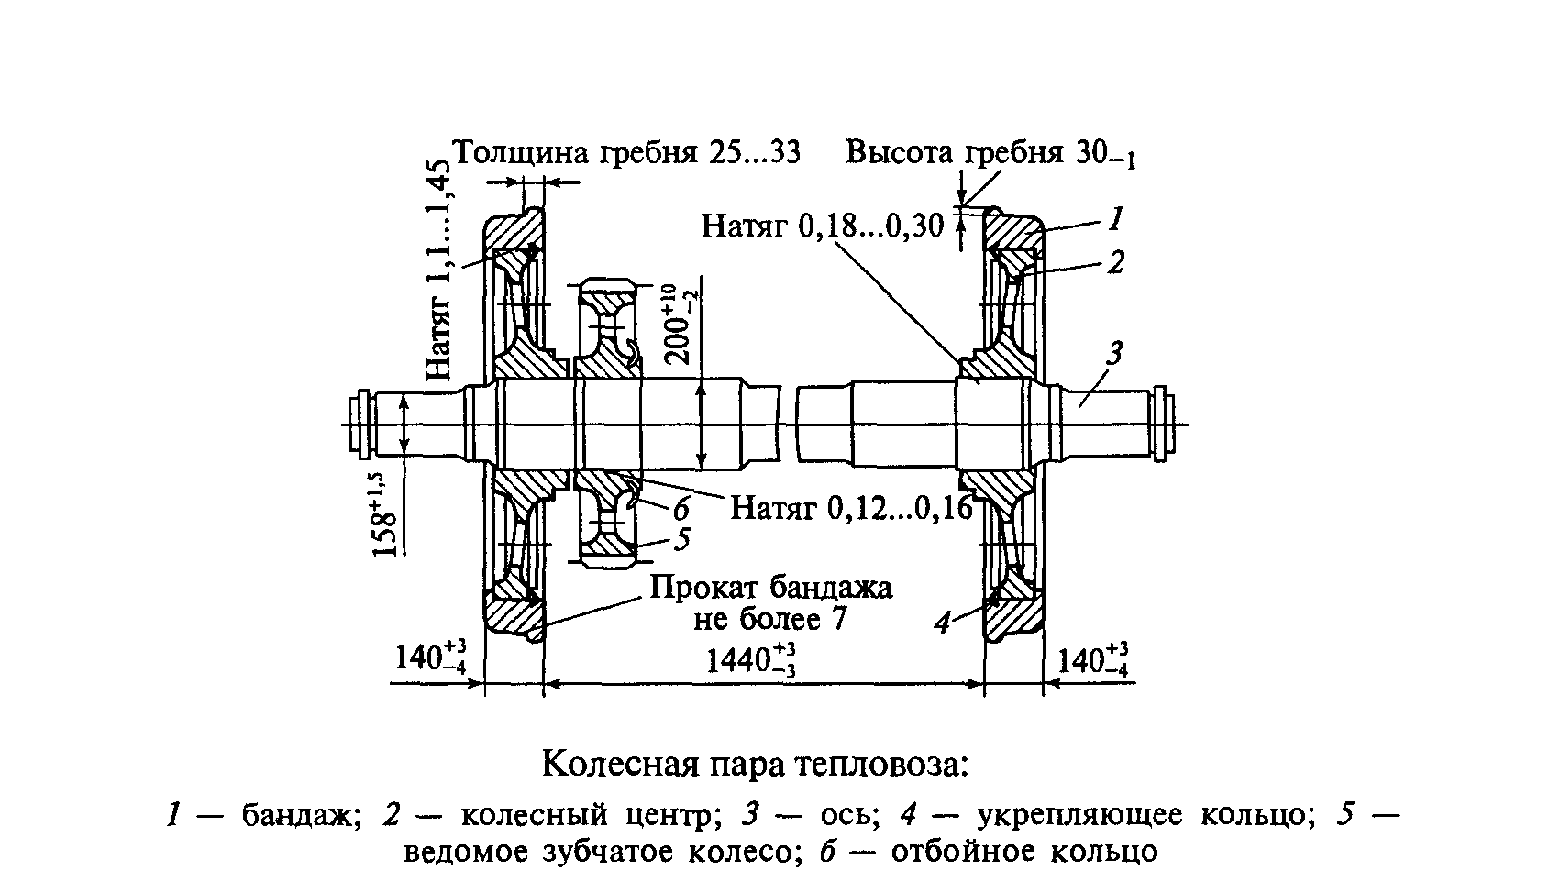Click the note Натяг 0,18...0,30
(823, 226)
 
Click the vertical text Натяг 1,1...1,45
(438, 270)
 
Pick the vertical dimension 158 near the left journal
(384, 515)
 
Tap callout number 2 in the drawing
(1116, 262)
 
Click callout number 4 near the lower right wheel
(942, 623)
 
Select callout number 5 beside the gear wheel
(682, 539)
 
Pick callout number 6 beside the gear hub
(681, 510)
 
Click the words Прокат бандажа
(771, 588)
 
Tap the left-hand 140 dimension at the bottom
(430, 656)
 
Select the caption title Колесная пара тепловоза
(756, 765)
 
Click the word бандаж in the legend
(302, 815)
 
